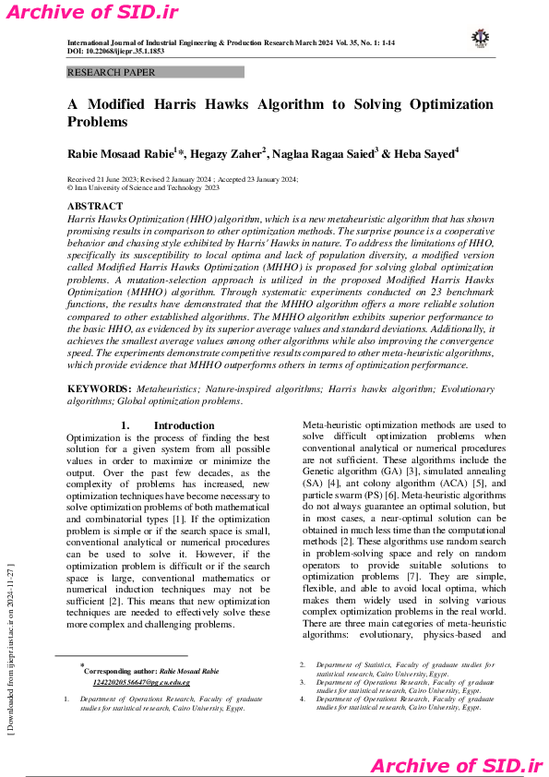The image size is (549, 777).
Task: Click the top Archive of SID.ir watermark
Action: tap(91, 12)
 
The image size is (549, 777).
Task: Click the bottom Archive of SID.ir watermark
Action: tap(456, 765)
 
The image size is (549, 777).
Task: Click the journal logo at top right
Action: tap(479, 38)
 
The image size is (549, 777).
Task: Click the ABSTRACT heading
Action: tap(94, 207)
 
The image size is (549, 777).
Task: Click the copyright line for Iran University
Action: tap(144, 186)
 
